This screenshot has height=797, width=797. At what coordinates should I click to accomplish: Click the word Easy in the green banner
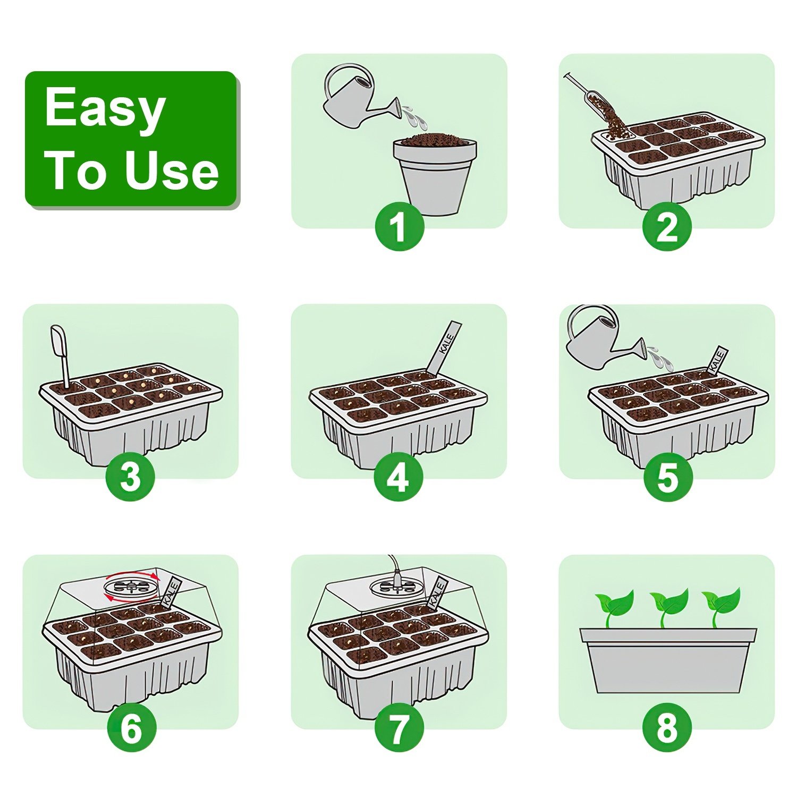[x=105, y=108]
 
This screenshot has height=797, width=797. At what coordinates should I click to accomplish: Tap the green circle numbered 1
[x=399, y=227]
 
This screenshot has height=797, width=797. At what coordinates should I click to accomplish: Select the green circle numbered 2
[x=667, y=227]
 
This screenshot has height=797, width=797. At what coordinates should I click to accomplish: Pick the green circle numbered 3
[x=130, y=477]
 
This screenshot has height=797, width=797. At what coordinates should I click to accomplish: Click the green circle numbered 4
[x=398, y=477]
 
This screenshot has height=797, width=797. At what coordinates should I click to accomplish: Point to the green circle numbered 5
[x=668, y=477]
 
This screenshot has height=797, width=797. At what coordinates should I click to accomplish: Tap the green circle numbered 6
[x=131, y=727]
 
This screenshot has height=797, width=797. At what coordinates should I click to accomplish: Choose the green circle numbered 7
[x=399, y=727]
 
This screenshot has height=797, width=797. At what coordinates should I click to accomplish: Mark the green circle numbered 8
[x=667, y=727]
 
